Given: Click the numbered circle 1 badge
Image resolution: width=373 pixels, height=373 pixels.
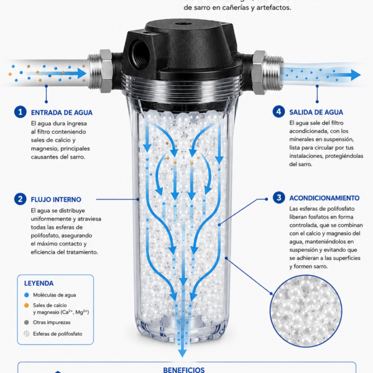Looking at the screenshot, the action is click(x=21, y=112).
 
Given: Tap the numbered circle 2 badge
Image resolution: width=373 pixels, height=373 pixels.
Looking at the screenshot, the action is click(x=21, y=199).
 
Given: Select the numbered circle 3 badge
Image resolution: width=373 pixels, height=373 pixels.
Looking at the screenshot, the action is click(x=279, y=198).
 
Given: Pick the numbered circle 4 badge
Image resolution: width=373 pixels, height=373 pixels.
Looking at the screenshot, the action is click(x=279, y=111).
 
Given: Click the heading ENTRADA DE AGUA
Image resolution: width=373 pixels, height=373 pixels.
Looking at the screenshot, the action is click(x=62, y=113).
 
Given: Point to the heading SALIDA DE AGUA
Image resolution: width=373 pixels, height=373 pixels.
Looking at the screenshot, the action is click(x=316, y=113).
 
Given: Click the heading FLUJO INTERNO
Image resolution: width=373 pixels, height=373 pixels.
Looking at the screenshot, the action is click(x=56, y=200).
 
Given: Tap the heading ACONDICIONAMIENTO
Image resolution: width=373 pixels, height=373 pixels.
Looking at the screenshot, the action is click(x=325, y=198).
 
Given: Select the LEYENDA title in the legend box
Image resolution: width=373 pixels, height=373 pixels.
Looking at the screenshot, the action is click(x=39, y=283).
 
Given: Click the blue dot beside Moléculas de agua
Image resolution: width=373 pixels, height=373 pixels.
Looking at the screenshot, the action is click(x=26, y=295).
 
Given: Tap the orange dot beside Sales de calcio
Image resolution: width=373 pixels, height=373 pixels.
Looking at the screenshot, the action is click(x=26, y=305).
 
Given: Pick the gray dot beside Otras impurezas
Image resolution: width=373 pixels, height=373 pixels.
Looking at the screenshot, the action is click(x=26, y=322).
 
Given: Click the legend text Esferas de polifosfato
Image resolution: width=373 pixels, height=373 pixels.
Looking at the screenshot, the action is click(x=58, y=334).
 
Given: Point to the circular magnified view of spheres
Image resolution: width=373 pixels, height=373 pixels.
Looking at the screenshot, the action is click(x=306, y=311).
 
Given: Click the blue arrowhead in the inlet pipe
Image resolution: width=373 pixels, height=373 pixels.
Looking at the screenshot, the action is click(x=82, y=73).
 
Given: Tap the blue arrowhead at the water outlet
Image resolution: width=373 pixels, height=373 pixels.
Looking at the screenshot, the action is click(x=356, y=75).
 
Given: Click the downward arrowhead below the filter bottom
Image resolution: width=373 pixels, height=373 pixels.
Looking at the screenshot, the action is click(x=182, y=353).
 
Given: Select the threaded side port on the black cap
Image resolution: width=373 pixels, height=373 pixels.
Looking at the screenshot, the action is click(x=140, y=53).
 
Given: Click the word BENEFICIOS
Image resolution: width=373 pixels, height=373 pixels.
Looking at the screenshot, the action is click(x=184, y=370).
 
